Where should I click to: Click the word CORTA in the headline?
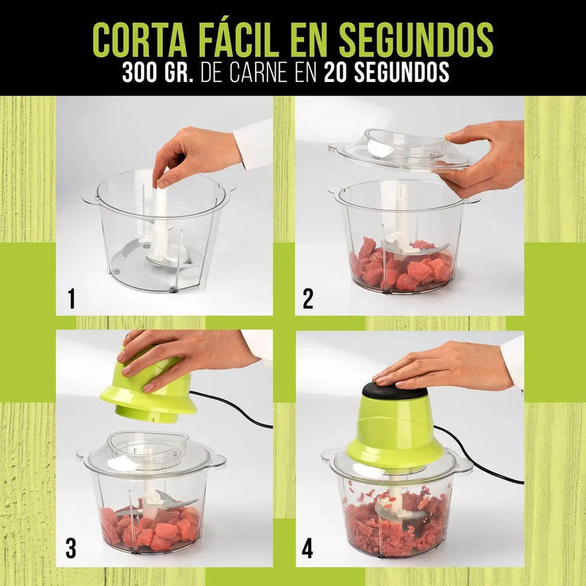pyautogui.click(x=139, y=40)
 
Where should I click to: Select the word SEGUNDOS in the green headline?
pyautogui.click(x=416, y=40)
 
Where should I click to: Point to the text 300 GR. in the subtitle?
pyautogui.click(x=157, y=72)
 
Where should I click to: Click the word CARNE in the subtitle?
pyautogui.click(x=259, y=72)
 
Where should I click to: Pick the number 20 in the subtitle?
pyautogui.click(x=335, y=72)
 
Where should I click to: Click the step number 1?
pyautogui.click(x=71, y=299)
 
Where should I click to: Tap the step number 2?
pyautogui.click(x=308, y=299)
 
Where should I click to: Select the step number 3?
pyautogui.click(x=71, y=549)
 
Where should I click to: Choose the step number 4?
pyautogui.click(x=308, y=549)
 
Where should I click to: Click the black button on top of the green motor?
pyautogui.click(x=395, y=390)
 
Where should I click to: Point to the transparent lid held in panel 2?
pyautogui.click(x=400, y=149)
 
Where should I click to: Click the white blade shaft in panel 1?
pyautogui.click(x=160, y=224)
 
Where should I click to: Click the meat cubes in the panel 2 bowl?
pyautogui.click(x=401, y=265)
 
